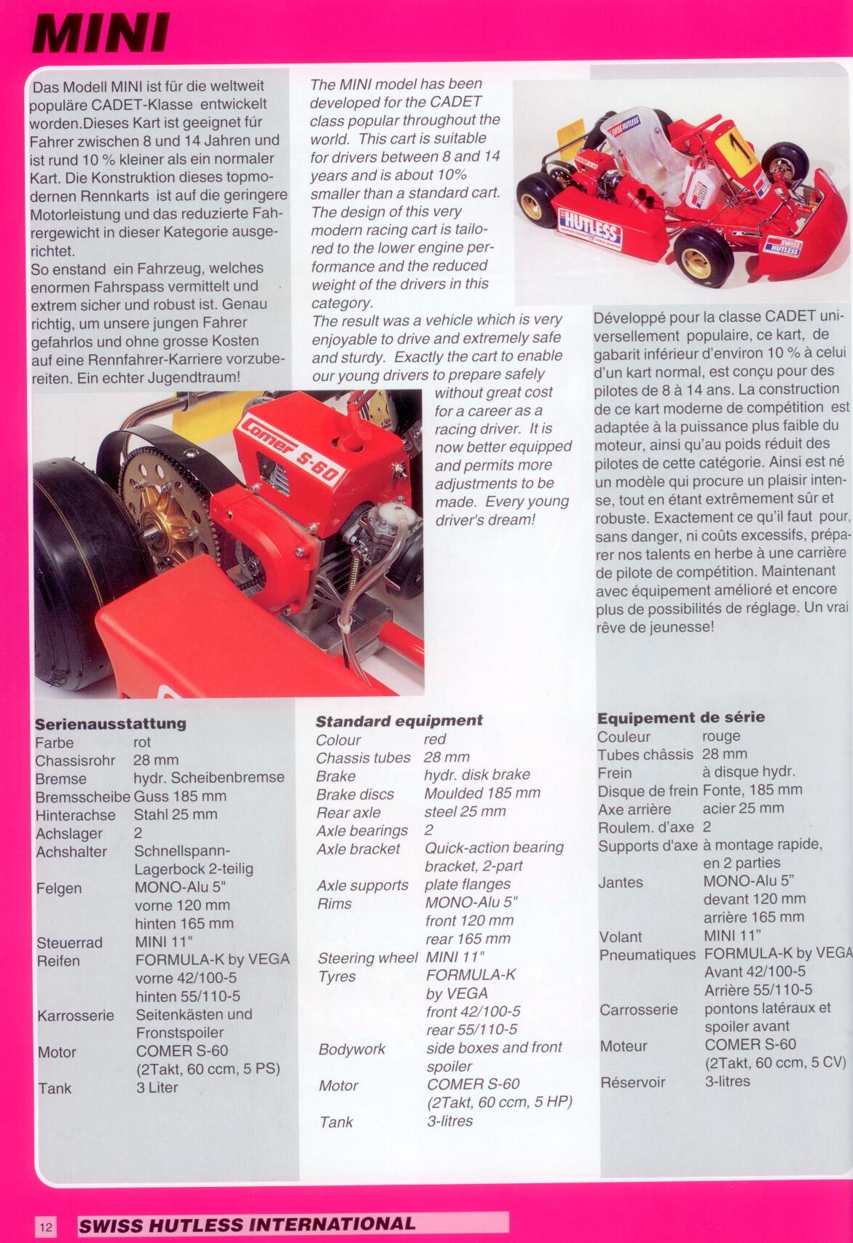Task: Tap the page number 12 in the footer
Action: coord(45,1227)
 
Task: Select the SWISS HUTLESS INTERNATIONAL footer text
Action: coord(247,1225)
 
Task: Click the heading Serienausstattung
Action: coord(110,724)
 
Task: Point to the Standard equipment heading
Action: coord(398,721)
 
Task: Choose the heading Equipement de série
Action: coord(680,717)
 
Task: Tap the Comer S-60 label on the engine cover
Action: coord(290,451)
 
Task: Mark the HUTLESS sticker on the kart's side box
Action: coord(590,226)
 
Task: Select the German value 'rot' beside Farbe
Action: coord(142,743)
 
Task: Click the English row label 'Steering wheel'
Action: coord(366,958)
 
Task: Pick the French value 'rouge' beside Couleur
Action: coord(720,736)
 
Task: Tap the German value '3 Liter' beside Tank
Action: coord(157,1088)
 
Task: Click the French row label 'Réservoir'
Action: coord(632,1082)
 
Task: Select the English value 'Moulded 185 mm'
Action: coord(481,794)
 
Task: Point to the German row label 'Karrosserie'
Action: coord(76,1015)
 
